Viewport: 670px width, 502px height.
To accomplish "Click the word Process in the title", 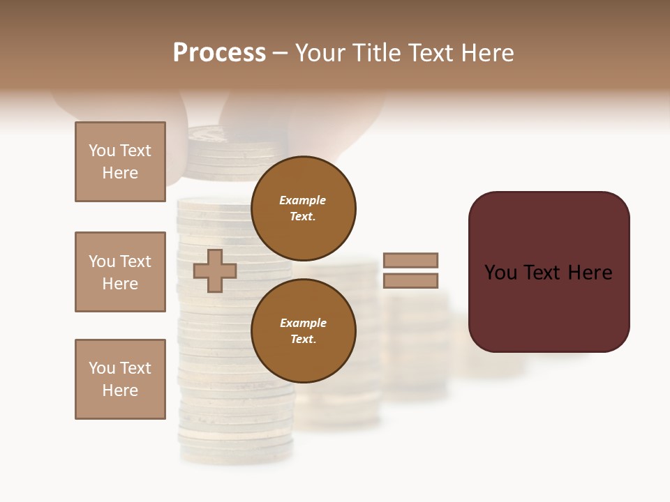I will [219, 53].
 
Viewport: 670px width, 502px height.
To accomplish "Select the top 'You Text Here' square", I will [120, 162].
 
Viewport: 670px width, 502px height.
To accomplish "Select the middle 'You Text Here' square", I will [120, 272].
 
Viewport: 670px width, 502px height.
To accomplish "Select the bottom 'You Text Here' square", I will [120, 379].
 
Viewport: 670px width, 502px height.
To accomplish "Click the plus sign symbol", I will [215, 271].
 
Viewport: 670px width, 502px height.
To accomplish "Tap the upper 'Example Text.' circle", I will [303, 208].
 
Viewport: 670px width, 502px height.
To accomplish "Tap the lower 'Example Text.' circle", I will [303, 331].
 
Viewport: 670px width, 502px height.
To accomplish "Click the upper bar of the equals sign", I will [410, 260].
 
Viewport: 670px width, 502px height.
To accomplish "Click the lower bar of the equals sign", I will [410, 281].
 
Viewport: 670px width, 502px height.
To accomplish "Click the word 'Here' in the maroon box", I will [590, 273].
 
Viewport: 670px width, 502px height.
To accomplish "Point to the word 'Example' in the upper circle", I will [302, 200].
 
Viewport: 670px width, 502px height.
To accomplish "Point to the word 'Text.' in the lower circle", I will [303, 340].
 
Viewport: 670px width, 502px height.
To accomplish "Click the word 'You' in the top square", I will [102, 151].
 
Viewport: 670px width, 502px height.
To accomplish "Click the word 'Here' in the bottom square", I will [120, 390].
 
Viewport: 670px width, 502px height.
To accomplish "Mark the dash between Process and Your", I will [281, 54].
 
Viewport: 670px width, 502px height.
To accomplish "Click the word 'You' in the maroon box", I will [500, 273].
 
